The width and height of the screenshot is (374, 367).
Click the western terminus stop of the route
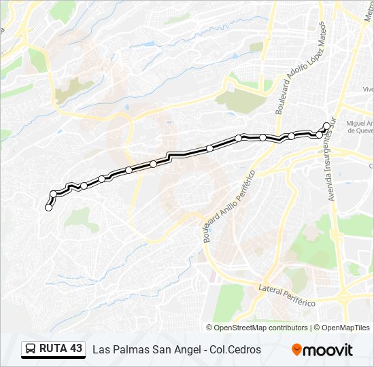[x=48, y=208]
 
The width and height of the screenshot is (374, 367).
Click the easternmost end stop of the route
[x=326, y=126]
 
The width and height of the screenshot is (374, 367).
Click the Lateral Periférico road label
[x=286, y=294]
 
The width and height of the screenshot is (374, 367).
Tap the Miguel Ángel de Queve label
[x=360, y=128]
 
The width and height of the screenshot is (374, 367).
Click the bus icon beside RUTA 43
[x=31, y=349]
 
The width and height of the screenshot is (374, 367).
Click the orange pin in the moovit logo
[x=296, y=350]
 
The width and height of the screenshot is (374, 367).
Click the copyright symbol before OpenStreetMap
[x=209, y=328]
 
